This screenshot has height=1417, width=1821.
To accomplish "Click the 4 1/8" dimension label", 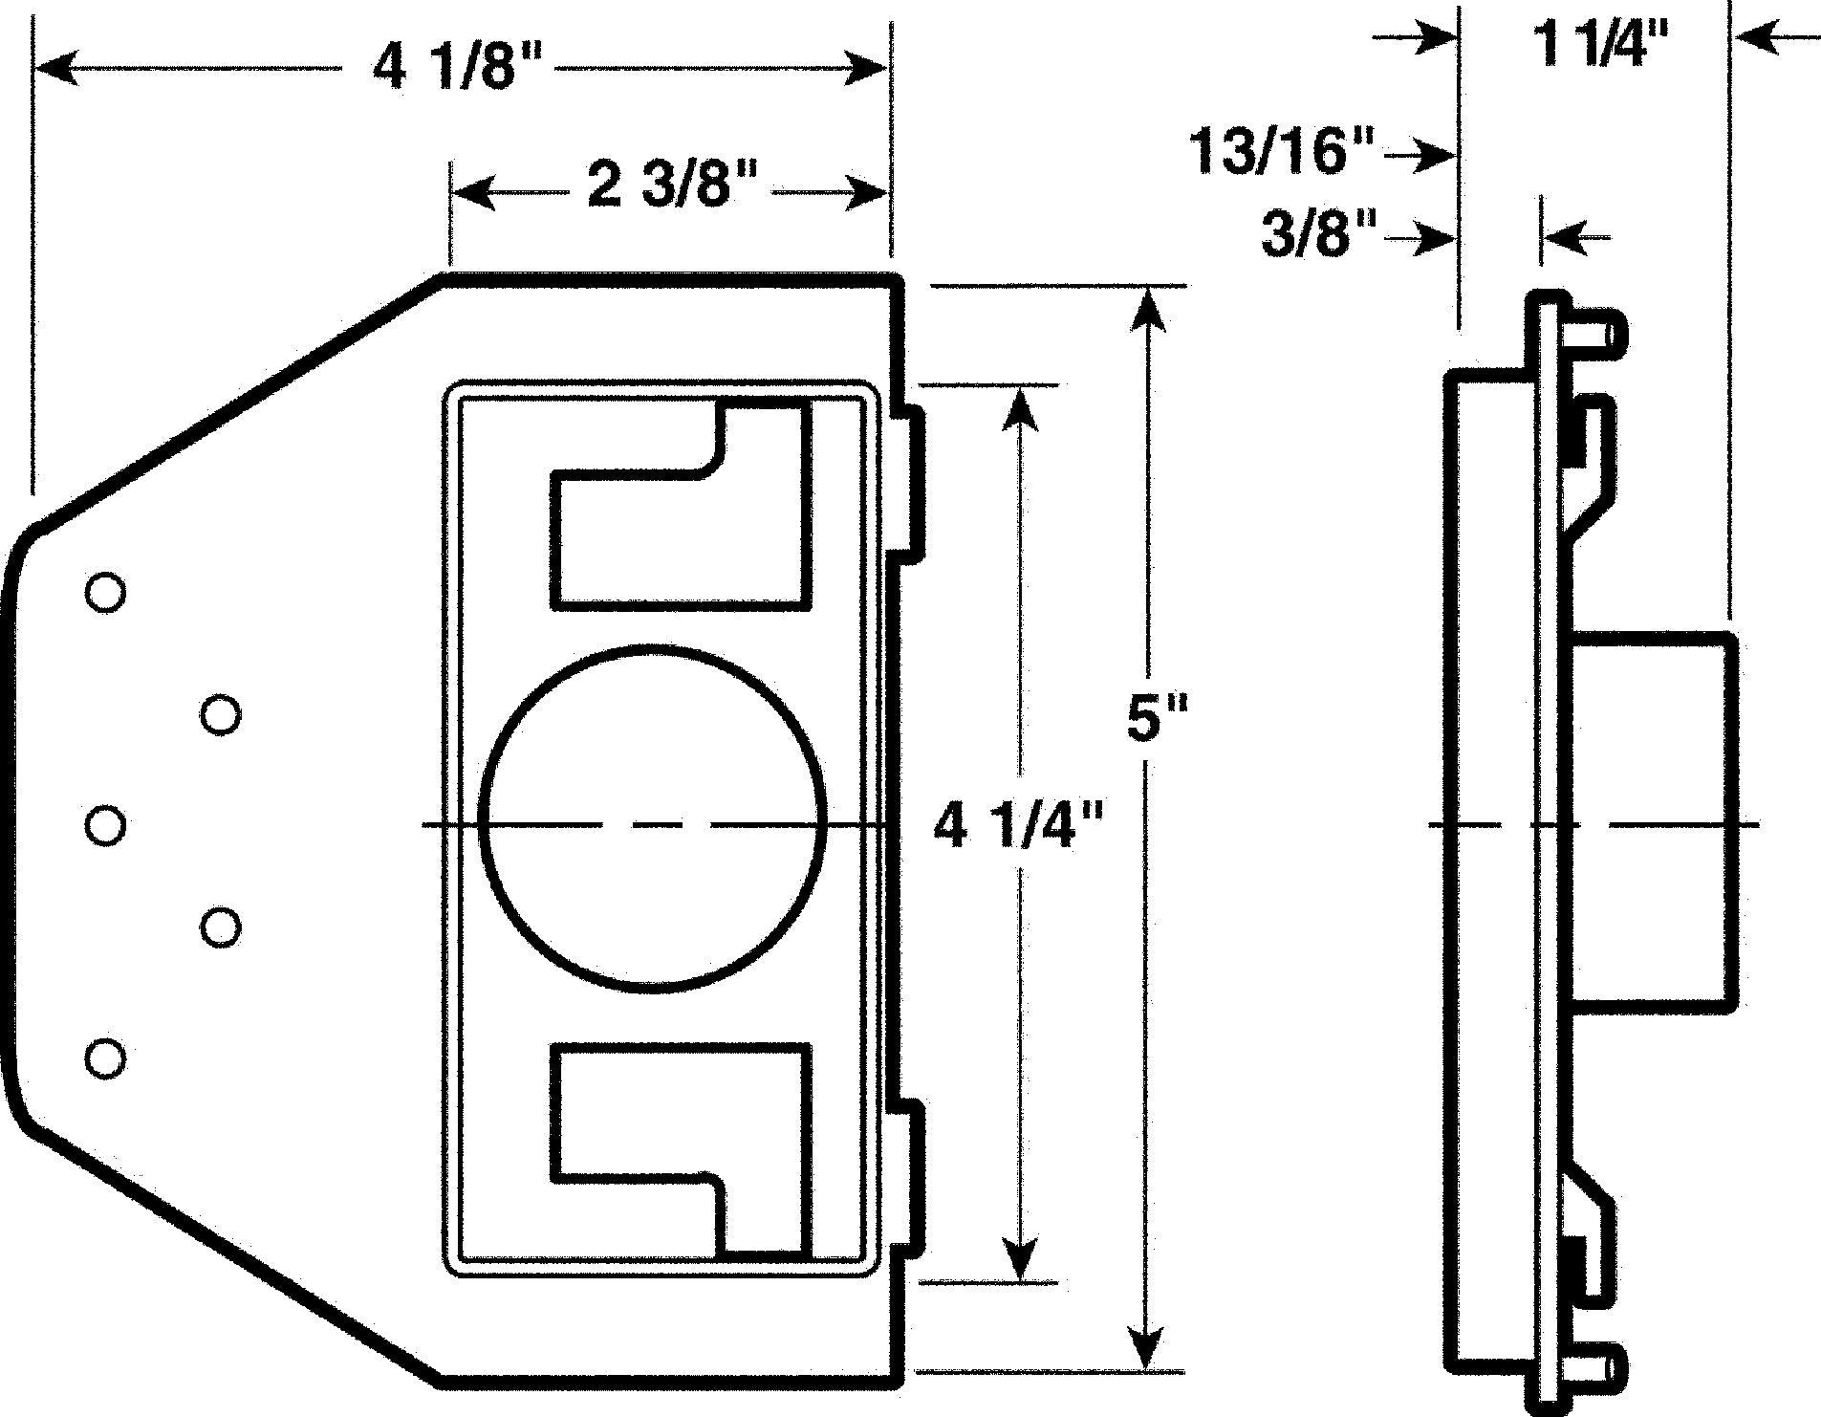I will [x=457, y=70].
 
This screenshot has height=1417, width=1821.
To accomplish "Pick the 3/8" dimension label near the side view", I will [x=1320, y=234].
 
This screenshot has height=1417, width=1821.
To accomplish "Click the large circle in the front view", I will [x=654, y=817].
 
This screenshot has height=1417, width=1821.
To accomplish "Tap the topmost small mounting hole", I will [x=105, y=593].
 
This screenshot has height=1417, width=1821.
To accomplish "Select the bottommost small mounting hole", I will [x=105, y=1058].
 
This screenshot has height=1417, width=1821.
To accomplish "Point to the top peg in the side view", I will [x=1596, y=335].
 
